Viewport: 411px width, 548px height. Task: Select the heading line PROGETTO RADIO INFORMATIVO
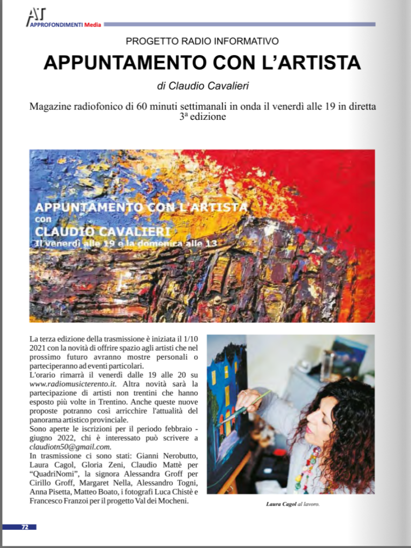[202, 41]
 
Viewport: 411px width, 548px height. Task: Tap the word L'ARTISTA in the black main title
[303, 63]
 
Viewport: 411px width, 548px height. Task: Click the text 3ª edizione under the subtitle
[203, 116]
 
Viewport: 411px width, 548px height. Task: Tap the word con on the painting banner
[43, 219]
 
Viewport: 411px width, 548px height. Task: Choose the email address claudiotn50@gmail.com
[70, 447]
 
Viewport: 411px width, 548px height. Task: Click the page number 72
[25, 527]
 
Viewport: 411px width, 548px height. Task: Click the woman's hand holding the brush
[245, 399]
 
